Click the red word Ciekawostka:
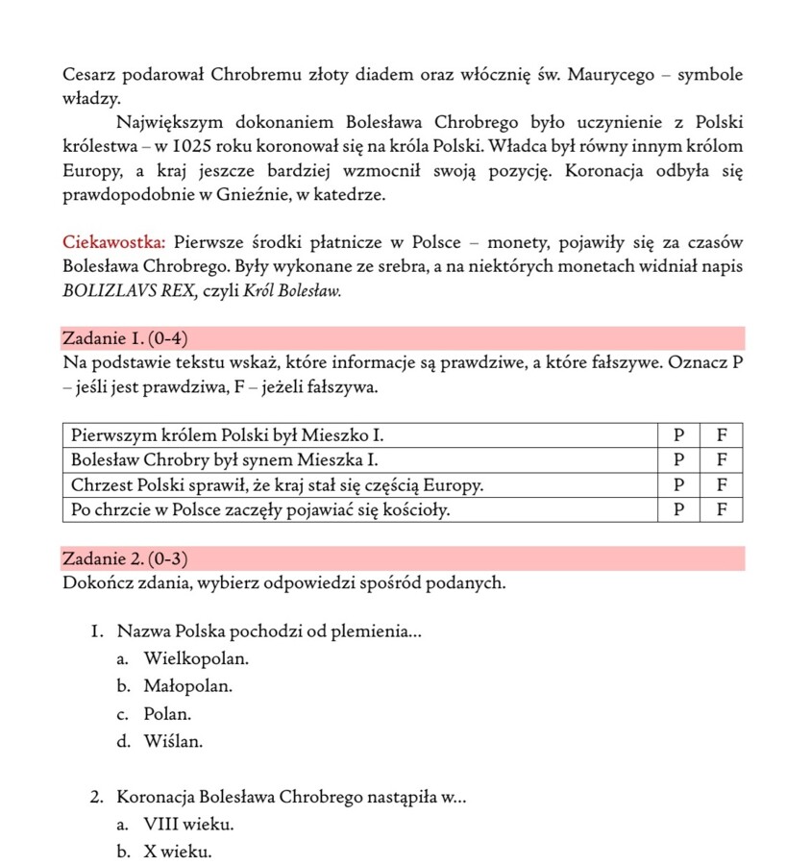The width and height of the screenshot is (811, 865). click(x=114, y=240)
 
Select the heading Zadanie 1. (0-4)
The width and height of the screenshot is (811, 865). click(x=125, y=338)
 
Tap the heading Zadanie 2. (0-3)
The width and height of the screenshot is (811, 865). click(x=125, y=558)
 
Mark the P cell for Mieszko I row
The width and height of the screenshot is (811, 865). click(x=678, y=433)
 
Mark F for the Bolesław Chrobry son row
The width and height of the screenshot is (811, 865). click(x=722, y=458)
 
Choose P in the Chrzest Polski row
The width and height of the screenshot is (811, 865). click(x=678, y=483)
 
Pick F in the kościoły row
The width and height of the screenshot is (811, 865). click(x=722, y=509)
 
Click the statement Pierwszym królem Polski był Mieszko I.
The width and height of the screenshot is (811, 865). click(x=233, y=433)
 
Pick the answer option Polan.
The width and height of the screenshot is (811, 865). click(x=168, y=715)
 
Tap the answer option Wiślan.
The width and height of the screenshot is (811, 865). click(x=173, y=742)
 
